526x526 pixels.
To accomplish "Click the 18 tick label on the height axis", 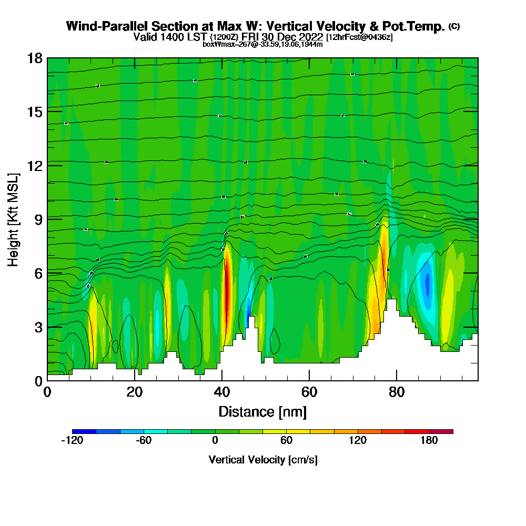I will [x=35, y=58].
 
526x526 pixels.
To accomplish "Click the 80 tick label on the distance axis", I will [x=397, y=392].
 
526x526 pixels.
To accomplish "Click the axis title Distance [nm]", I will [x=262, y=411].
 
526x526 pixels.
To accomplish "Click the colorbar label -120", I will [x=72, y=441].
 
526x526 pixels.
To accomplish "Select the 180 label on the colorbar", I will [x=429, y=441].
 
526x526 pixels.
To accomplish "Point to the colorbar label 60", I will [x=287, y=441].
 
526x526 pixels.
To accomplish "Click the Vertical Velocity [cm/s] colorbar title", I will [x=263, y=460].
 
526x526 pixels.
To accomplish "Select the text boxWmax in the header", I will [x=216, y=44].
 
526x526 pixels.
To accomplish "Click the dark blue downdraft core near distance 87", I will [x=427, y=284].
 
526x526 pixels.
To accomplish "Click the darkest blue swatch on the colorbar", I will [x=84, y=431].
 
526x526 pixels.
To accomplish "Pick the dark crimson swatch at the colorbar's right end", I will [x=441, y=431].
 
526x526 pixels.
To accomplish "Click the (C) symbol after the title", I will [x=454, y=26].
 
